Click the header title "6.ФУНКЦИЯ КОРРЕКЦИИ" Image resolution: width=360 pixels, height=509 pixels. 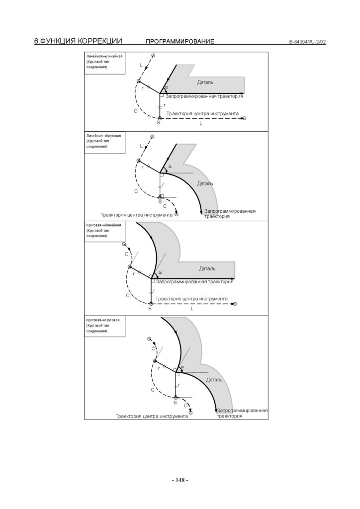tap(78, 41)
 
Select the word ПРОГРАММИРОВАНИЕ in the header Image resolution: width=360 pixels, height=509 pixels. tap(180, 42)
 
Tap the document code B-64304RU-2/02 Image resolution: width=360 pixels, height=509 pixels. tap(307, 42)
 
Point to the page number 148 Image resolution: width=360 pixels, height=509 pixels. tap(180, 480)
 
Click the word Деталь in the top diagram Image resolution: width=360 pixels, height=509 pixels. tap(205, 82)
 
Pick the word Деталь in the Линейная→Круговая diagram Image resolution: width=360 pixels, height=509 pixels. tap(205, 183)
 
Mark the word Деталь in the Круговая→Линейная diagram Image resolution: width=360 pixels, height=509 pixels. tap(207, 268)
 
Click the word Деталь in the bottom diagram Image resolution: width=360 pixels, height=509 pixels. tap(214, 380)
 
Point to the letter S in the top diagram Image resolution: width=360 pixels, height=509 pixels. tap(158, 122)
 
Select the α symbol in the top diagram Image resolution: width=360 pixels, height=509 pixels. tap(167, 88)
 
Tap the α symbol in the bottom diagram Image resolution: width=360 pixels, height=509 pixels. tap(182, 367)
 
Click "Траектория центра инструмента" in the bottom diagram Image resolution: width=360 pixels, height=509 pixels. tap(152, 416)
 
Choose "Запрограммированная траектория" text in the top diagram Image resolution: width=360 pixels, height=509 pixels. tap(204, 95)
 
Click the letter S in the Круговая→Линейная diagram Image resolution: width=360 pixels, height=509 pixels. tap(149, 309)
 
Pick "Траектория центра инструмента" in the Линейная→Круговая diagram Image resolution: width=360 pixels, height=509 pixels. tap(136, 215)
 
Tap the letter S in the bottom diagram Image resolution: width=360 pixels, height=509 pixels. tap(175, 403)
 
